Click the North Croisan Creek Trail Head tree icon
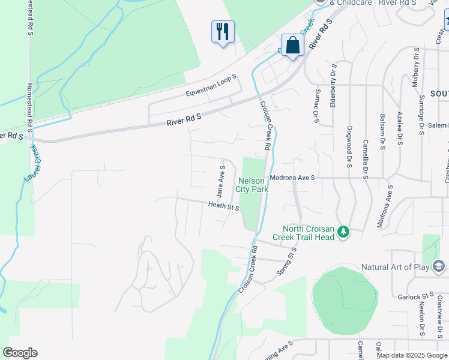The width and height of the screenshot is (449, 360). (343, 232)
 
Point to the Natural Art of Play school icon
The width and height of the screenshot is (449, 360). (439, 266)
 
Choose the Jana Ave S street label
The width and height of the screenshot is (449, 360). (220, 182)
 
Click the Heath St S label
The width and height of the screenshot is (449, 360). (224, 206)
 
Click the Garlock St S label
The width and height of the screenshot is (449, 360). (415, 296)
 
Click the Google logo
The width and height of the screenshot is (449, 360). (20, 353)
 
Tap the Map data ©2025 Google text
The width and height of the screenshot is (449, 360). (411, 355)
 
